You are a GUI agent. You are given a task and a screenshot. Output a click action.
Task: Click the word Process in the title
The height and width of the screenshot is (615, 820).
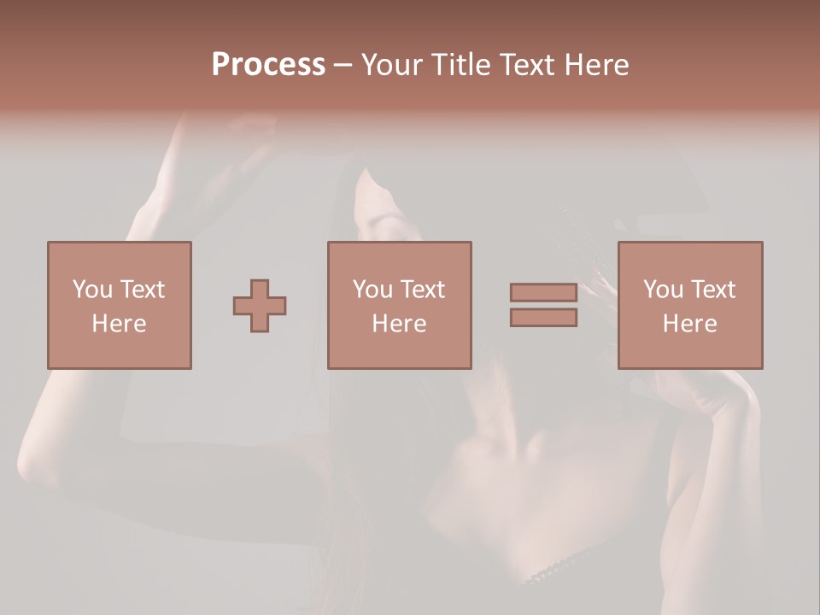tap(268, 64)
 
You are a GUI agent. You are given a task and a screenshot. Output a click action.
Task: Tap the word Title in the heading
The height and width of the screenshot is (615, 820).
tap(460, 65)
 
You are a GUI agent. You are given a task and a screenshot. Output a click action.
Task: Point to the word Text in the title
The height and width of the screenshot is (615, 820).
tap(525, 65)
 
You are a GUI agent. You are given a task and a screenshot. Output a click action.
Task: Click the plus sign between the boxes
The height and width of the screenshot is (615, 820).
tap(260, 305)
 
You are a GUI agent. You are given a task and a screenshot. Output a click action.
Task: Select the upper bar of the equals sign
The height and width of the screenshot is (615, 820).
tap(543, 292)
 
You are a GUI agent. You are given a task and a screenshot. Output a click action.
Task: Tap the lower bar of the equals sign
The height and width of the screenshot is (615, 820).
tap(543, 318)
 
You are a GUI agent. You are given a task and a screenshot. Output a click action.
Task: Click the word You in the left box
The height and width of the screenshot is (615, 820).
tap(92, 289)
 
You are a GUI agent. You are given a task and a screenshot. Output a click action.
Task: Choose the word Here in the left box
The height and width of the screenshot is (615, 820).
tap(119, 324)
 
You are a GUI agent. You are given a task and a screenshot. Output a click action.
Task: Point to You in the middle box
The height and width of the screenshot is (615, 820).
tap(372, 289)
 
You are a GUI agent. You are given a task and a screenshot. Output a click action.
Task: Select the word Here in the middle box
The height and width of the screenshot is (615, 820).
tap(399, 324)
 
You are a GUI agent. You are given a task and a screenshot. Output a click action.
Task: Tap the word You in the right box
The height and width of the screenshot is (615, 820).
tap(663, 289)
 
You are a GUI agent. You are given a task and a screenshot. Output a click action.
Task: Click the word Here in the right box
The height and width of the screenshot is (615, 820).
tap(689, 324)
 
